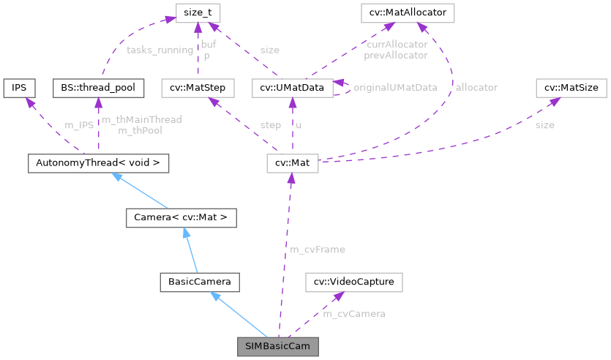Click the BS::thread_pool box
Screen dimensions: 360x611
click(x=96, y=88)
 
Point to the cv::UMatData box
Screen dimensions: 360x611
click(x=292, y=88)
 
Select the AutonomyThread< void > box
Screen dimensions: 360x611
click(x=97, y=163)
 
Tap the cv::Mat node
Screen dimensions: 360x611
click(x=292, y=163)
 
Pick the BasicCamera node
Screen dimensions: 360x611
click(x=200, y=281)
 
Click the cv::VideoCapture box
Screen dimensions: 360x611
click(x=354, y=281)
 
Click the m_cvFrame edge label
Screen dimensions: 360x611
click(x=318, y=250)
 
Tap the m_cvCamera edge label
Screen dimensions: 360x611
click(x=354, y=314)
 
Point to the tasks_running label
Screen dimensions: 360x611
click(x=160, y=50)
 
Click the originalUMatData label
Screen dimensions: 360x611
click(x=395, y=88)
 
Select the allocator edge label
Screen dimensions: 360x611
click(x=476, y=88)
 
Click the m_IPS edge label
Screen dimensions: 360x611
click(x=80, y=125)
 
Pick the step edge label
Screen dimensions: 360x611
click(x=270, y=125)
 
